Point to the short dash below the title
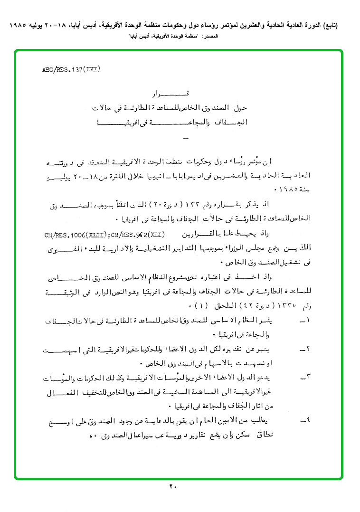coord(185,138)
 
